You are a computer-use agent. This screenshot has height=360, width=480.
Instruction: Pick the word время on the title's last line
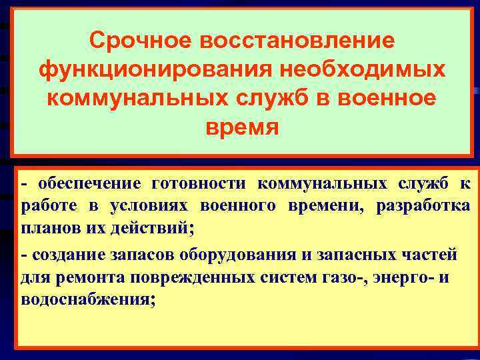pos(240,126)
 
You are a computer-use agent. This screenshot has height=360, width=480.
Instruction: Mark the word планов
pos(48,229)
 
